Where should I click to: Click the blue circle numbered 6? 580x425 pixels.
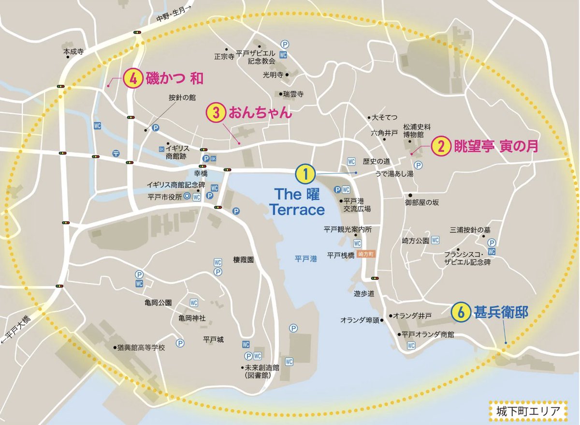(461, 313)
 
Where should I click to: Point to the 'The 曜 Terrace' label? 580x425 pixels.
(297, 202)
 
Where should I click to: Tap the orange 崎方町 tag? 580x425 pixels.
(369, 255)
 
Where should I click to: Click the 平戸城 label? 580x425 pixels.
(213, 340)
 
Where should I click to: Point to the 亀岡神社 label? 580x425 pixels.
(192, 318)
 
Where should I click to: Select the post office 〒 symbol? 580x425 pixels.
(116, 153)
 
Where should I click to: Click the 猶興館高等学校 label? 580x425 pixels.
(141, 348)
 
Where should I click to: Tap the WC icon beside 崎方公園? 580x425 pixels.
(435, 240)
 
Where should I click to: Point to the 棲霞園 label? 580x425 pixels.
(244, 259)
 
